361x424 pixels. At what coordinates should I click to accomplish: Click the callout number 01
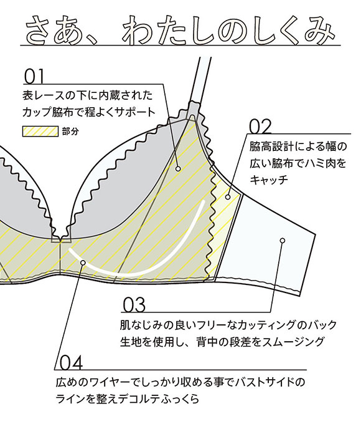click(34, 77)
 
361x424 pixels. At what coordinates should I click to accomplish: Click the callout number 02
click(260, 127)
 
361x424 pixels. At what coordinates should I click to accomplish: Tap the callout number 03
click(134, 305)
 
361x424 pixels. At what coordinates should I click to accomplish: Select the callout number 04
click(71, 363)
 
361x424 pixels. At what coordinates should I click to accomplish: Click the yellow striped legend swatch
click(40, 131)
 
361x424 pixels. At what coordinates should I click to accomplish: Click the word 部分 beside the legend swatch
click(70, 132)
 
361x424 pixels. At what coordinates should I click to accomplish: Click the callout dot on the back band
click(283, 241)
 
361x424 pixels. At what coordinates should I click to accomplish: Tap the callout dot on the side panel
click(228, 197)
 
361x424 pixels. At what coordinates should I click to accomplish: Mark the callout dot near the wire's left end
click(83, 263)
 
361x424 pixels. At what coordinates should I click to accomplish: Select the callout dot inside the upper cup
click(178, 169)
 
